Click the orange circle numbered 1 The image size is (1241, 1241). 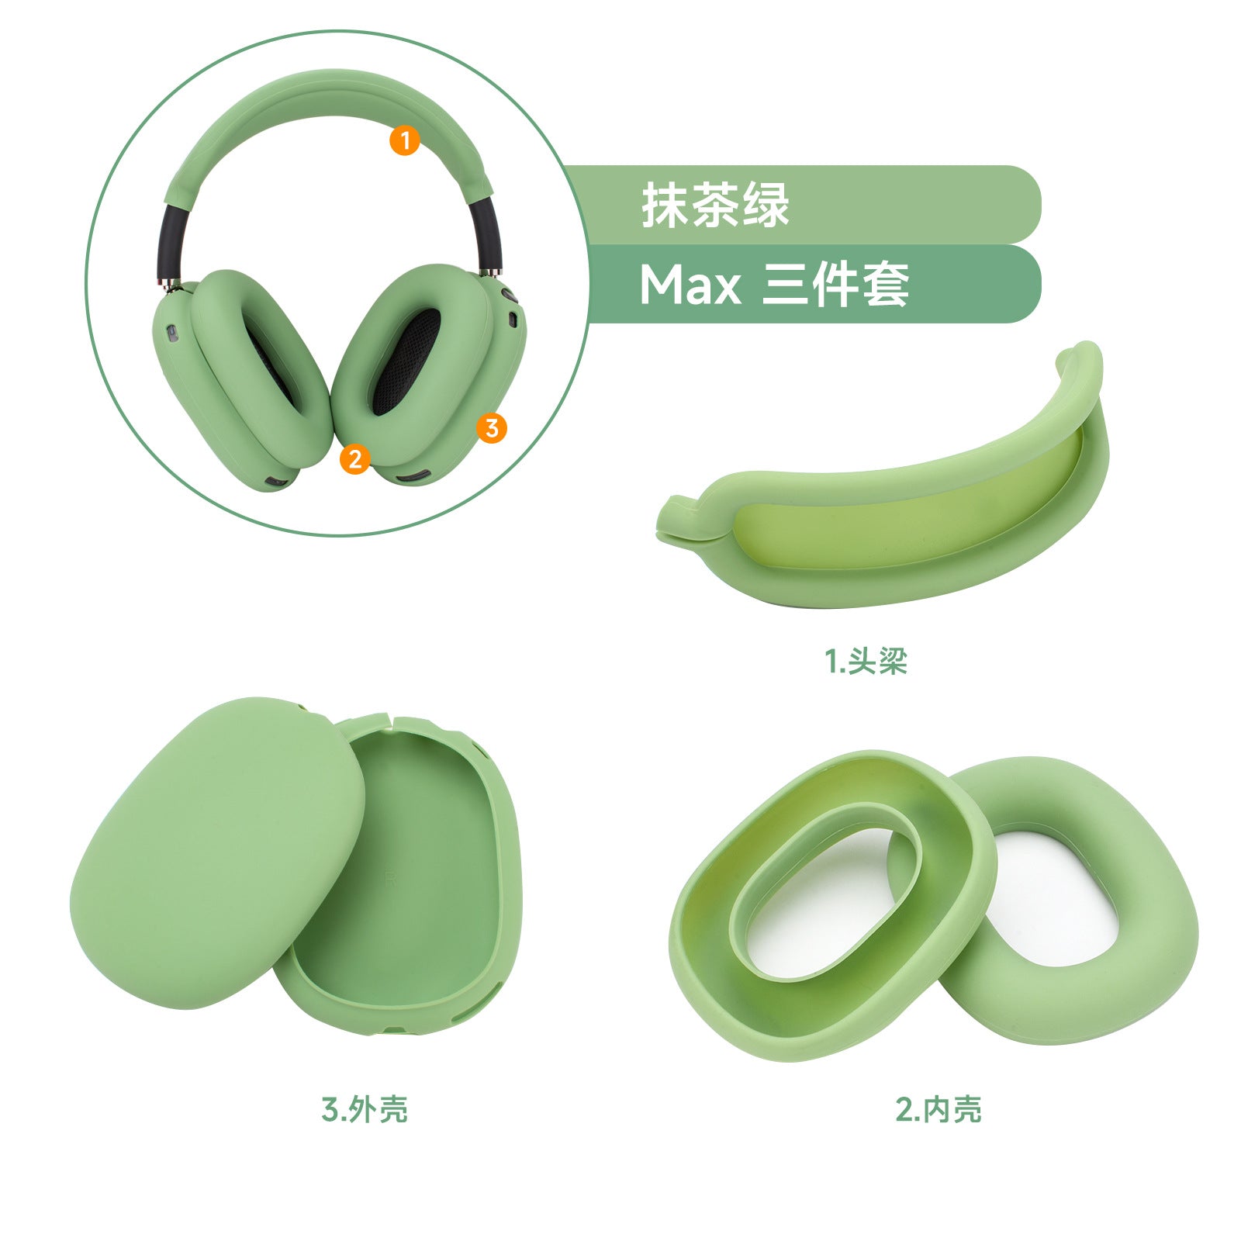click(404, 140)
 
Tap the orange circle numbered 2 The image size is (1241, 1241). click(354, 458)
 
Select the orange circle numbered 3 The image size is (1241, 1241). click(491, 427)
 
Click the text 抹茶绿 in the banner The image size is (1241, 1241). click(715, 205)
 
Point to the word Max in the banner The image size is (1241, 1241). click(690, 285)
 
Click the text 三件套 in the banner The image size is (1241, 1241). click(836, 285)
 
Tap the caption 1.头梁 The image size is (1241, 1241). click(866, 662)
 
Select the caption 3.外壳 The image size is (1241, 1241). click(365, 1109)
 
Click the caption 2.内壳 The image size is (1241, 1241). click(939, 1109)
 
